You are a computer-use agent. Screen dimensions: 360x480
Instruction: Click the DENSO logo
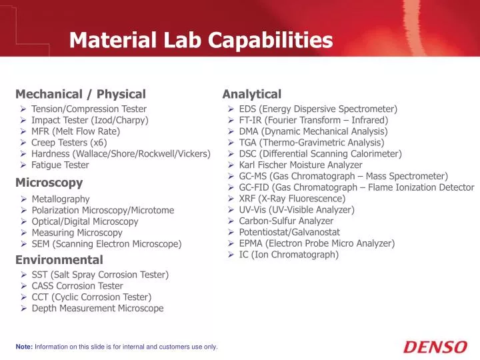[435, 347]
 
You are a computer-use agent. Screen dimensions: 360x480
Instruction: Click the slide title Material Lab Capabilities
[201, 41]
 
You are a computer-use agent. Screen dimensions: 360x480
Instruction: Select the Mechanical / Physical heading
[80, 94]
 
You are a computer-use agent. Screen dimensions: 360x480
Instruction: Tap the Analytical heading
[251, 94]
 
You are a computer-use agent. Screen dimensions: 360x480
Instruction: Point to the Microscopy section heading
[49, 182]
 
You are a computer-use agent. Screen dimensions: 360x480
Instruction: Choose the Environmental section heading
[59, 259]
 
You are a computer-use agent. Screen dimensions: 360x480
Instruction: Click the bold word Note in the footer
[23, 347]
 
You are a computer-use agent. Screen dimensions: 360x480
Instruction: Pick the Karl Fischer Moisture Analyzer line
[301, 165]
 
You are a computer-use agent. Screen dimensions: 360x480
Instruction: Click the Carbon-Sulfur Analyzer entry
[286, 221]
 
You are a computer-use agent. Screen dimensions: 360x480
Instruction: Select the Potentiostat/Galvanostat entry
[289, 232]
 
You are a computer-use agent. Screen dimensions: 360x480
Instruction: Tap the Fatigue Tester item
[60, 165]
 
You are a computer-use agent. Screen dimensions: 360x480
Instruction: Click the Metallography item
[60, 199]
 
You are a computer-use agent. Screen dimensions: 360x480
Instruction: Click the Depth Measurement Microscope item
[97, 308]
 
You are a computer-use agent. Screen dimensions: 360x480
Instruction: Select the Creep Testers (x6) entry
[69, 142]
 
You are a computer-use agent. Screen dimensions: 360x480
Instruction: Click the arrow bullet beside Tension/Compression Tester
[23, 109]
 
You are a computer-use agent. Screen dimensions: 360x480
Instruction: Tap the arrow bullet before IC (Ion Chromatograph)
[230, 255]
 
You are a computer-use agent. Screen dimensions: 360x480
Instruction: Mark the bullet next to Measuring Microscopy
[23, 233]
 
